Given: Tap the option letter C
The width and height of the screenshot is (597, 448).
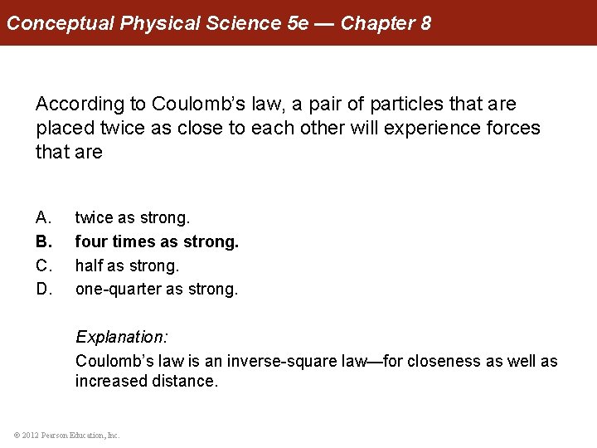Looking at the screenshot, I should click(x=43, y=266).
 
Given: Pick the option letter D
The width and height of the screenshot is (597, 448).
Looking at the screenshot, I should click(x=43, y=290).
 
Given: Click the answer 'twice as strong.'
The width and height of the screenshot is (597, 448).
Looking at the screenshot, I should click(x=133, y=218).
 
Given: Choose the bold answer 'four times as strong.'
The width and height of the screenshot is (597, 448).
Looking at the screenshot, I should click(x=157, y=242).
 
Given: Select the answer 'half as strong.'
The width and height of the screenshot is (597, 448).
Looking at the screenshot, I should click(x=127, y=266).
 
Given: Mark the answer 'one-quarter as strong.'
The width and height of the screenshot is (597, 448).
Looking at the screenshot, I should click(x=157, y=290).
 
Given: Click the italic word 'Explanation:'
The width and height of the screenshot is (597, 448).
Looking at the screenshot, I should click(x=122, y=338).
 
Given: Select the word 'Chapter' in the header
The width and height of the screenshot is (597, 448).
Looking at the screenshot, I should click(x=376, y=22).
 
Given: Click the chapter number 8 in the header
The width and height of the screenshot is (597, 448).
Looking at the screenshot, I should click(x=425, y=22).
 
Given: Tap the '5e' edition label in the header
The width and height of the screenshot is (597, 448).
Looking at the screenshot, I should click(x=297, y=22).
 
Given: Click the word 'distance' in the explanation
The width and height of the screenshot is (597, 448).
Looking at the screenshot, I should click(x=185, y=382).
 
